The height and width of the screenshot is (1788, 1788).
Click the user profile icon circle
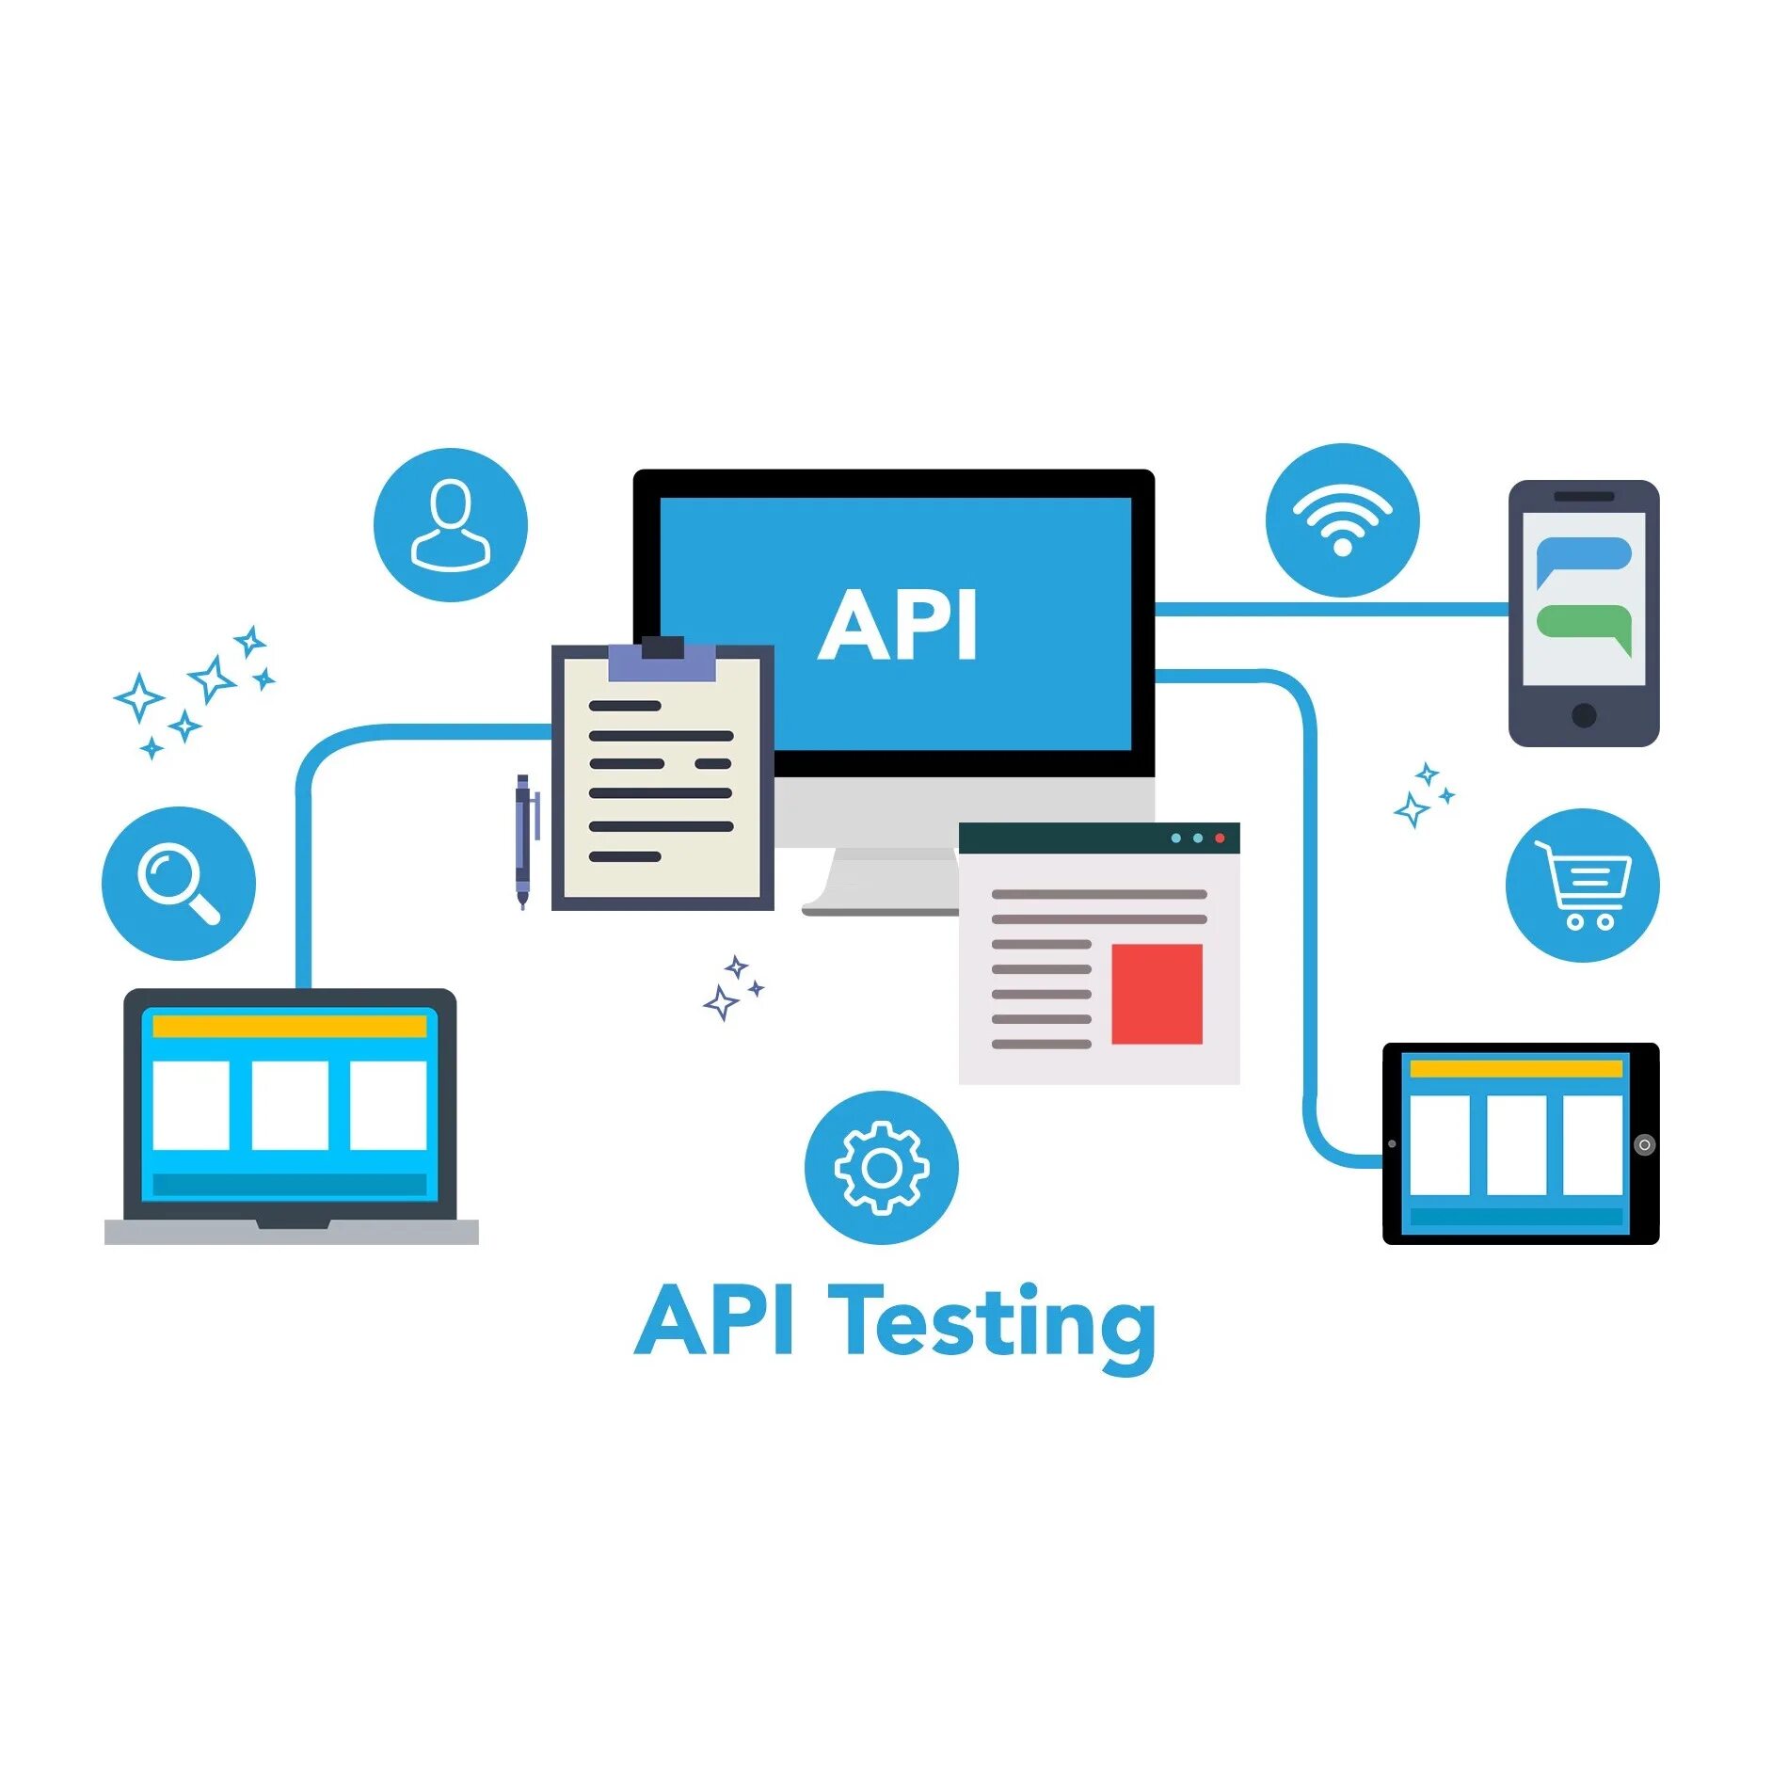click(450, 524)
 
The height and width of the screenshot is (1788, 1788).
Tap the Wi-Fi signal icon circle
click(1342, 519)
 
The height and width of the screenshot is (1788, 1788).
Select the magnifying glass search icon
click(178, 883)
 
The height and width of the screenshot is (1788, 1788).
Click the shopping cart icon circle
click(1582, 885)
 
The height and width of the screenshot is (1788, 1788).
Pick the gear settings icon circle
click(881, 1167)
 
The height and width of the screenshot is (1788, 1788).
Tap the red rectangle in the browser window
click(1157, 994)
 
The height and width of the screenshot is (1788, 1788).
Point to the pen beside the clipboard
click(523, 840)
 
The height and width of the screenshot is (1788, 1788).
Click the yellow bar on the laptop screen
click(289, 1026)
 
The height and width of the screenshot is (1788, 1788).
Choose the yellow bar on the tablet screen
click(1515, 1068)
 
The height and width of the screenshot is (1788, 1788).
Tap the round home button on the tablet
click(1644, 1144)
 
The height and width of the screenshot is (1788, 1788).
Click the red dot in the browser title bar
click(1220, 838)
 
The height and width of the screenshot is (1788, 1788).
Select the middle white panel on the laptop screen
click(290, 1105)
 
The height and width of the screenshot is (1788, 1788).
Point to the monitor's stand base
click(880, 908)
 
